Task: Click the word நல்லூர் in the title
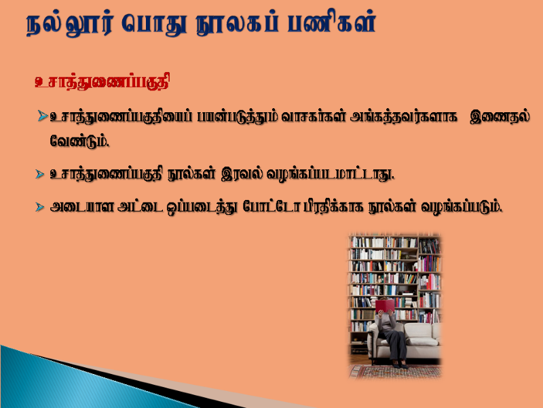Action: pyautogui.click(x=70, y=24)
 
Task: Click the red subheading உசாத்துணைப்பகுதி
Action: pyautogui.click(x=102, y=82)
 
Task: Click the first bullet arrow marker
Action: pyautogui.click(x=42, y=116)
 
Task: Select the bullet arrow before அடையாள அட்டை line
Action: pyautogui.click(x=39, y=207)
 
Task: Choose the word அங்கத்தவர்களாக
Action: pyautogui.click(x=403, y=116)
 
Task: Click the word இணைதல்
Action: pyautogui.click(x=500, y=116)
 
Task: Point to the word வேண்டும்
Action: pyautogui.click(x=79, y=141)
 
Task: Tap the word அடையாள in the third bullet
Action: pyautogui.click(x=81, y=207)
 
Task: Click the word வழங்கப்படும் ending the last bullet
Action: pyautogui.click(x=462, y=207)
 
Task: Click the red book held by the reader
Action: pyautogui.click(x=385, y=305)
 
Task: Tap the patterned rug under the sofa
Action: pyautogui.click(x=395, y=371)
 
